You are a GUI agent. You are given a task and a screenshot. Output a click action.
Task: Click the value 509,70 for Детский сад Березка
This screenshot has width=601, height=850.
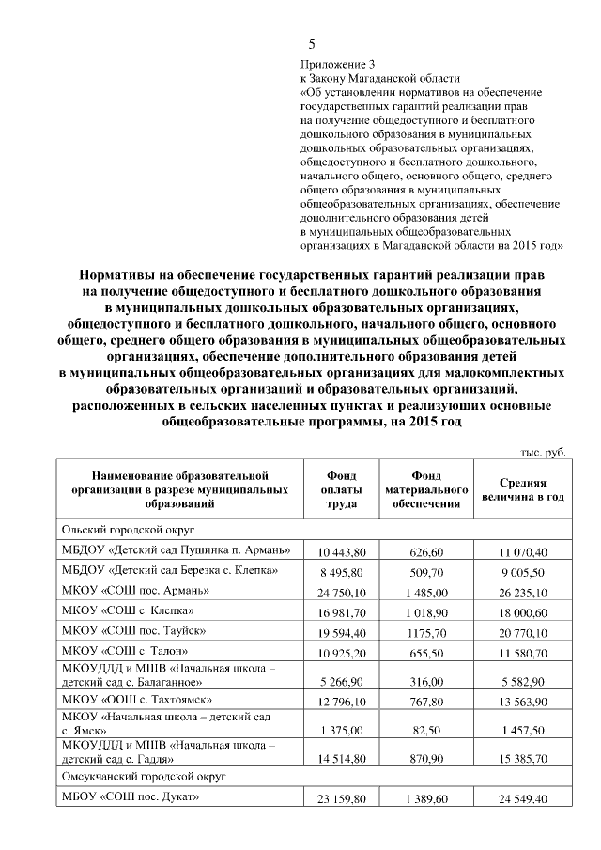(427, 572)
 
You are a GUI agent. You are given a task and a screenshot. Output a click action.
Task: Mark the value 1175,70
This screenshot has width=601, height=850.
(427, 632)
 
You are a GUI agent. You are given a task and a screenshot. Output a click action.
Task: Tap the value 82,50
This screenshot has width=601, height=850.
(427, 729)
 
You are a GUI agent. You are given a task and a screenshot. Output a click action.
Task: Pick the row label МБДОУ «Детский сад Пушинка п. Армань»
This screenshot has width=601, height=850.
(175, 549)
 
